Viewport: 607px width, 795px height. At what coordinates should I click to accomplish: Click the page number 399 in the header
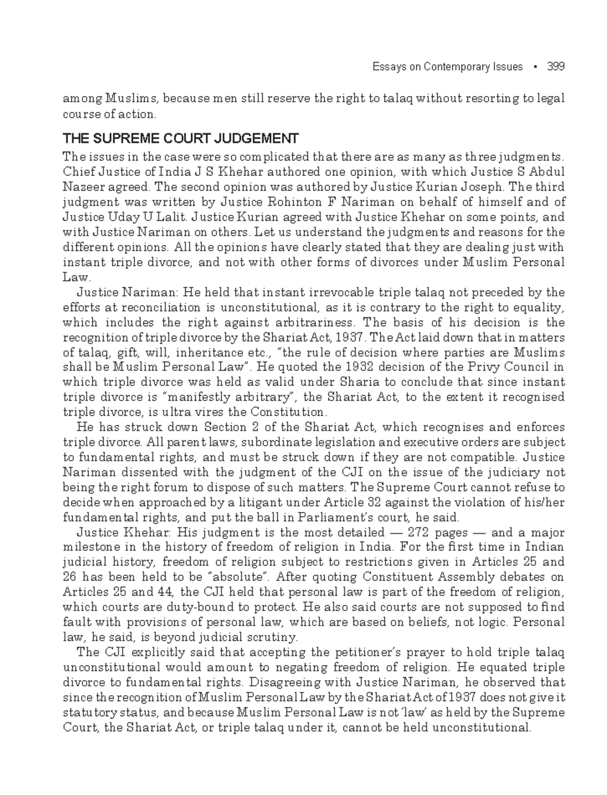tap(556, 67)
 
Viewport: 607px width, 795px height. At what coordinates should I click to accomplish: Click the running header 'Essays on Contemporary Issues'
tap(447, 67)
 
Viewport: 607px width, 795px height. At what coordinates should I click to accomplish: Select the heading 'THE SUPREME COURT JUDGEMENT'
tap(180, 138)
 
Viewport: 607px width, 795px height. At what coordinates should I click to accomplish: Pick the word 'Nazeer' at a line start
tap(80, 188)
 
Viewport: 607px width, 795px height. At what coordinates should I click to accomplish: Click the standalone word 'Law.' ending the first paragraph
tap(76, 278)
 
